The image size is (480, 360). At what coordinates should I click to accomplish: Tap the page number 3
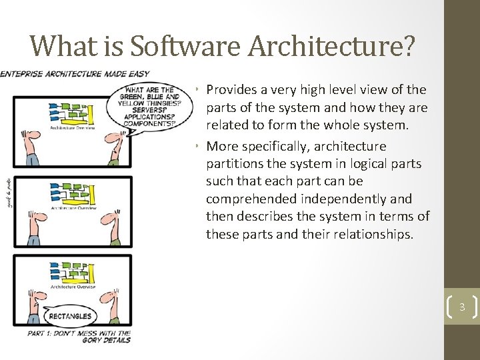(x=461, y=307)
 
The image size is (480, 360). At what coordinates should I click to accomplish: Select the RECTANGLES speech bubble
(x=69, y=315)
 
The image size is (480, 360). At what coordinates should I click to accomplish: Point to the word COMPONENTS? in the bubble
(x=150, y=123)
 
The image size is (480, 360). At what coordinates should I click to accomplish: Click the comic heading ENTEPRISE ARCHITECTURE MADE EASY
(x=75, y=73)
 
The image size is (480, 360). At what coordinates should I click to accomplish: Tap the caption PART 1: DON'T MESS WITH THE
(x=79, y=332)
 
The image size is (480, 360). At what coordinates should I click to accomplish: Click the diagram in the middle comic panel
(x=73, y=193)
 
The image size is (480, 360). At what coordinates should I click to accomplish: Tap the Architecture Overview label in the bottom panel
(x=73, y=287)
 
